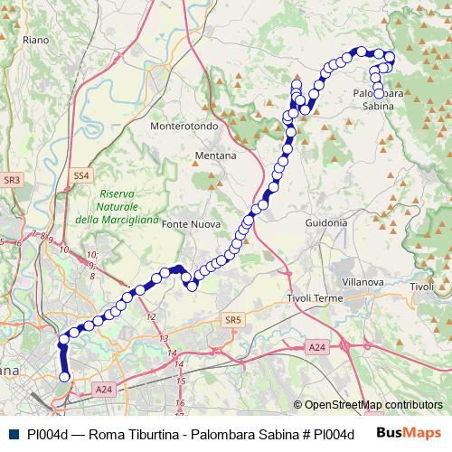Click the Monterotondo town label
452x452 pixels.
coord(184,127)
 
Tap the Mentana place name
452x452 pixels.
coord(215,155)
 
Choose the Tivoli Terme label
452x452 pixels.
coord(313,298)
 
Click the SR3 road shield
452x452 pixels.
coord(12,181)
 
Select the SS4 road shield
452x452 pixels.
coord(81,174)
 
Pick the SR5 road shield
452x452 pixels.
coord(233,319)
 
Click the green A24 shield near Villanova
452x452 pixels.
coord(315,347)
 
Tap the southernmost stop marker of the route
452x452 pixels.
coord(64,377)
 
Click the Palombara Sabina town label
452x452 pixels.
coord(378,99)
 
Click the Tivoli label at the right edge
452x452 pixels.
coord(422,287)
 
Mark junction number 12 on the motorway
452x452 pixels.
coord(151,316)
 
